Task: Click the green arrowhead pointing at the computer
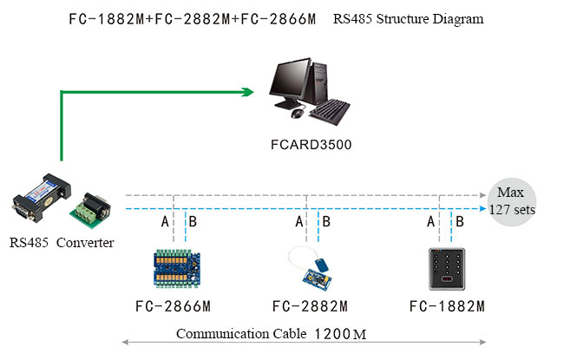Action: [x=246, y=89]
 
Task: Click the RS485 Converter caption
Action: [x=61, y=243]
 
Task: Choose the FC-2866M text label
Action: [x=174, y=306]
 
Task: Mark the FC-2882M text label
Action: [x=310, y=306]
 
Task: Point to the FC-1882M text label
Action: [x=446, y=306]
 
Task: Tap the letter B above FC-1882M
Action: [x=461, y=222]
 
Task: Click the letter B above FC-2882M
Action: [x=326, y=222]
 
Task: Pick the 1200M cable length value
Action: [x=340, y=334]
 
